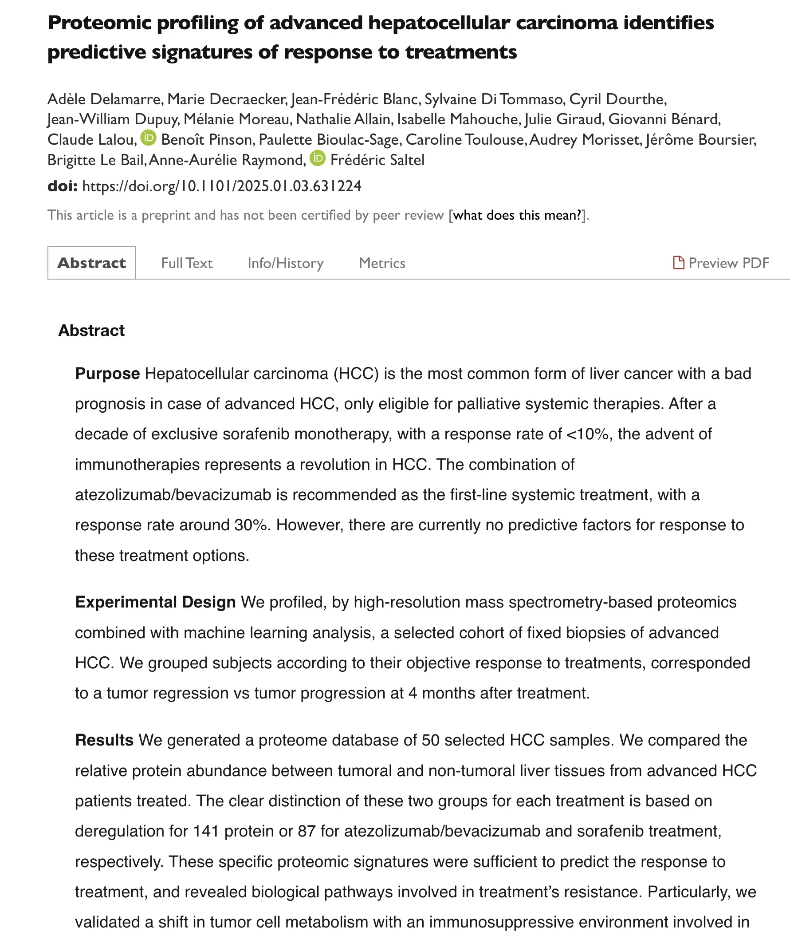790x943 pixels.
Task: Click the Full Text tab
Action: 187,263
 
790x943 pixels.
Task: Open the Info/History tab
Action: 285,263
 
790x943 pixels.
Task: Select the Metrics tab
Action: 381,263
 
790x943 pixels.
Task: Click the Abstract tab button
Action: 91,263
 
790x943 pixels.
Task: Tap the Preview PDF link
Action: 728,263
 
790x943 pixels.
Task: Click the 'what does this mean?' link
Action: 517,215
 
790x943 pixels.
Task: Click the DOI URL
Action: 222,186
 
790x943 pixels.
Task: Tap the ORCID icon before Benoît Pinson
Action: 148,138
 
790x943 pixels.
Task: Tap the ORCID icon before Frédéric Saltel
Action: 318,158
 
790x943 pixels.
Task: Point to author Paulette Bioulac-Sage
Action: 329,140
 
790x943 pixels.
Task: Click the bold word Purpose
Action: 107,374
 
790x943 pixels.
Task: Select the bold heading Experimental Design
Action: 155,602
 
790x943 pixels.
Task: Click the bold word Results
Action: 104,740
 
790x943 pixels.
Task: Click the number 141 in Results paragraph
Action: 205,831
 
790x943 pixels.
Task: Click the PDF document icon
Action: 678,263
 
